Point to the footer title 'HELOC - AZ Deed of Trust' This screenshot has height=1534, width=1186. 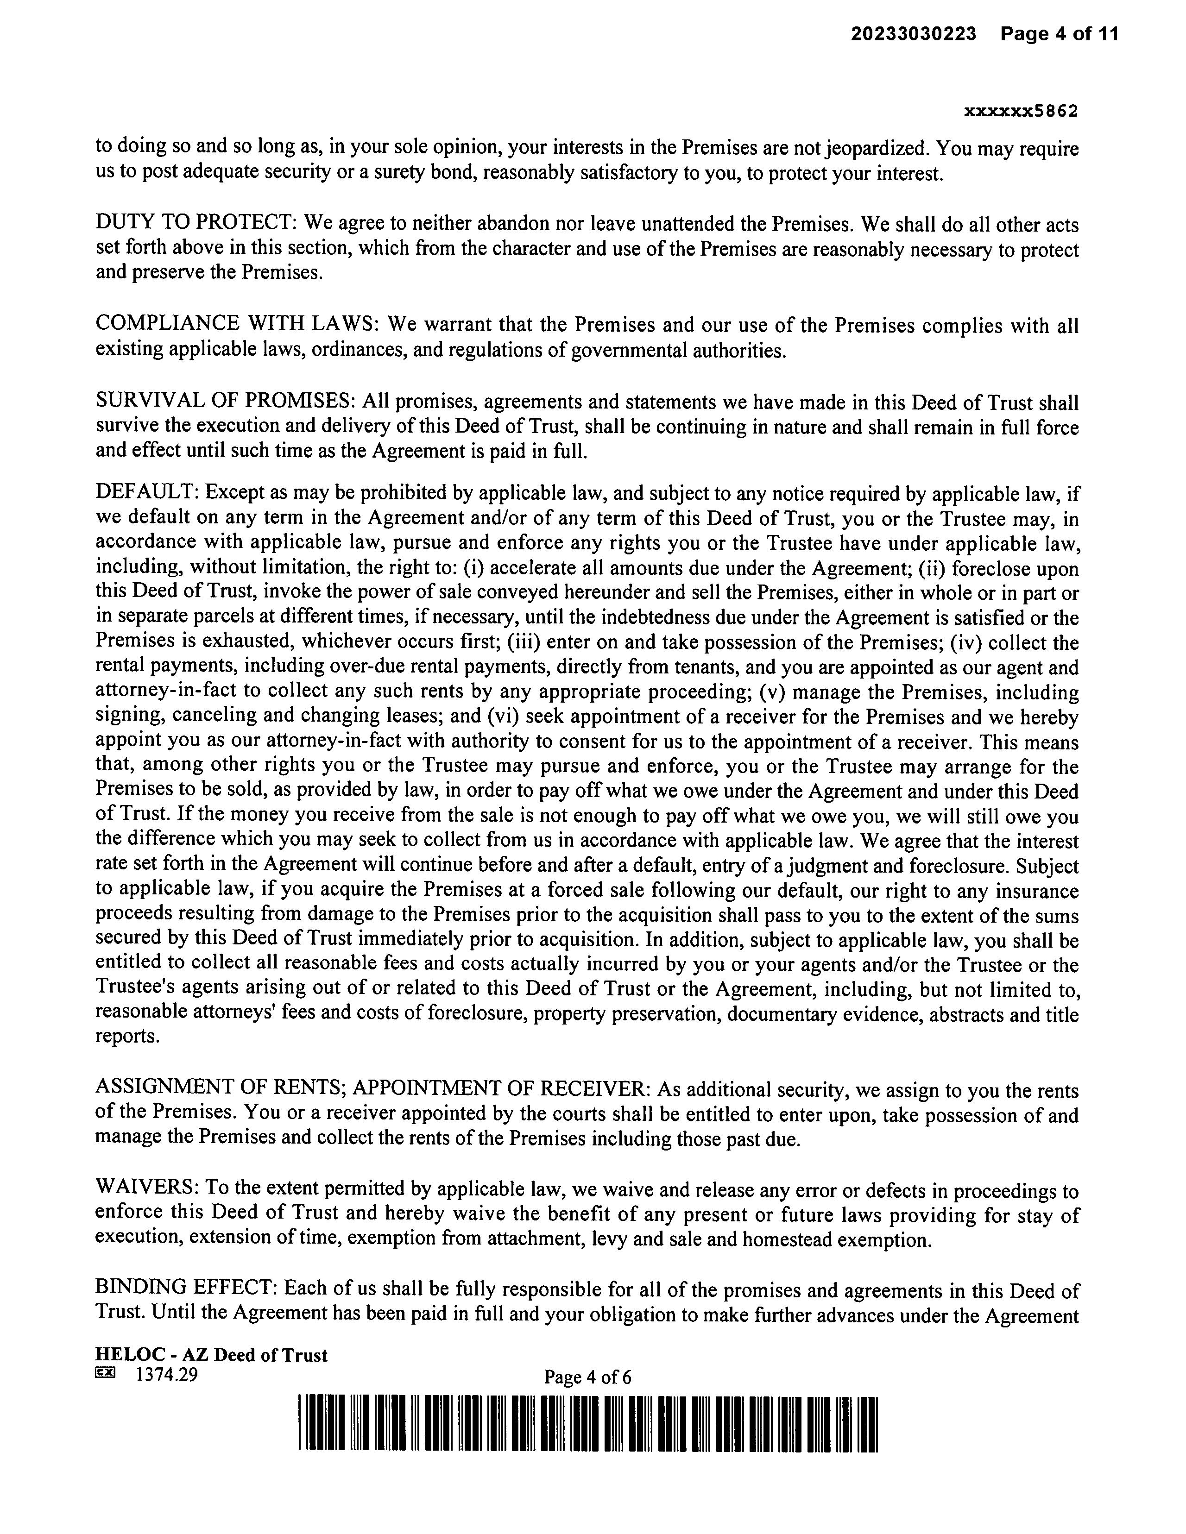tap(211, 1355)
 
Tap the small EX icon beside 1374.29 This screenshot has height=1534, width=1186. tap(104, 1372)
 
